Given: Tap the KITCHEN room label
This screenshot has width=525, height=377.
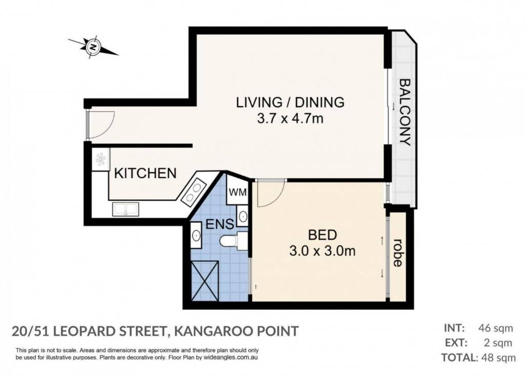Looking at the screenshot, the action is (x=145, y=173).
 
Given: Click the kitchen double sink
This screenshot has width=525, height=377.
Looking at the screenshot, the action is (x=126, y=209).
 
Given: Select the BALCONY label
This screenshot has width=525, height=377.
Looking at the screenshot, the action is (x=405, y=112).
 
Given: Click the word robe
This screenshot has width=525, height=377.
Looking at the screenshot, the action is (x=397, y=253).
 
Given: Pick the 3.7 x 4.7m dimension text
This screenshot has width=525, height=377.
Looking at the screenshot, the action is (x=290, y=118).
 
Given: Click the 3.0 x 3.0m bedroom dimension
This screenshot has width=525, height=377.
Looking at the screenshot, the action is (x=322, y=250).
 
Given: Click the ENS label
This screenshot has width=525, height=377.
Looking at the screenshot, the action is (x=219, y=224).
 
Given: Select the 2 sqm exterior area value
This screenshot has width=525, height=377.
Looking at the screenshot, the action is (x=498, y=343).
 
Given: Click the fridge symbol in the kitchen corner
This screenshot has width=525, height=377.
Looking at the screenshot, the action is (x=101, y=160).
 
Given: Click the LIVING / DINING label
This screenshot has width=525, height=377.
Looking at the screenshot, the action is (x=290, y=102).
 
